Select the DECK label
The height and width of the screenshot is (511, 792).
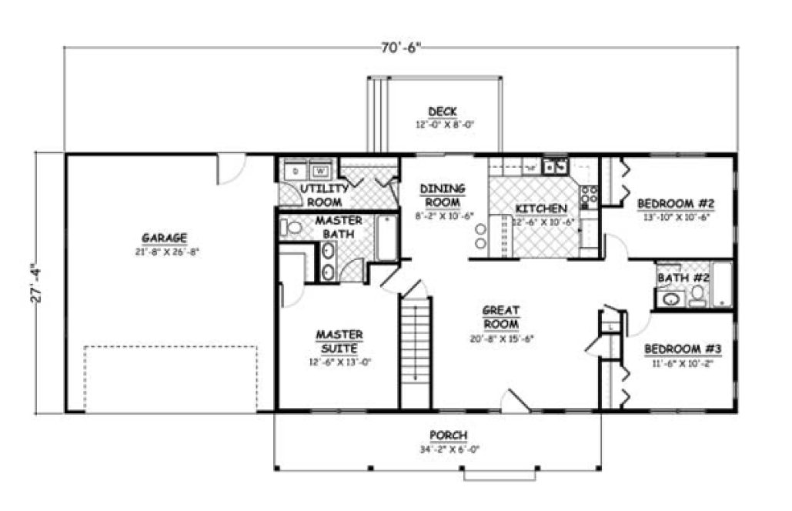442,112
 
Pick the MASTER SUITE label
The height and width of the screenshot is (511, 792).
339,341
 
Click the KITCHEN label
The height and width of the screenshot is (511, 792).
541,209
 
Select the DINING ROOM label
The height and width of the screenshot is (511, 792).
442,195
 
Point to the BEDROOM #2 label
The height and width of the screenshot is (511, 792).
677,204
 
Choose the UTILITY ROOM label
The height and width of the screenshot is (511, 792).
325,195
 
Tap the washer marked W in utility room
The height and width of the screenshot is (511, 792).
320,171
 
